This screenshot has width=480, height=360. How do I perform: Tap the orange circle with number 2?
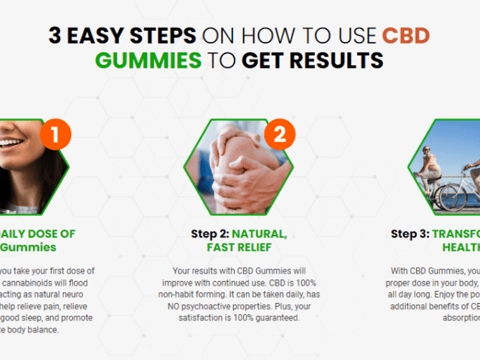point(279,136)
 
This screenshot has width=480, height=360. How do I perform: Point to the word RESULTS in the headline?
point(340,60)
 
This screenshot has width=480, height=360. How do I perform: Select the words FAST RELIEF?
point(238,247)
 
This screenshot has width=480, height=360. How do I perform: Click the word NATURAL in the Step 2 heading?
point(262,233)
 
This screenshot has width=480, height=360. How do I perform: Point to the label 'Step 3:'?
point(409,233)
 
